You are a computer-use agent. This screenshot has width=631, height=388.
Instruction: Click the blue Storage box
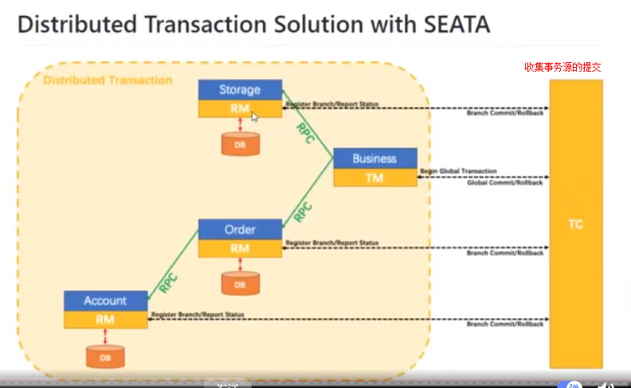[240, 89]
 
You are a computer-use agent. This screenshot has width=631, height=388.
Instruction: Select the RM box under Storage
[240, 108]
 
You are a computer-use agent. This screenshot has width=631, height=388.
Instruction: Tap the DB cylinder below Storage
[240, 144]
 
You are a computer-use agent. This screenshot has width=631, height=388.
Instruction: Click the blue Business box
[374, 158]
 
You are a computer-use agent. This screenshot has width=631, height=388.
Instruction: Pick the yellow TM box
[374, 178]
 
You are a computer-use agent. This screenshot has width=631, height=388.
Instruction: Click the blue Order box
[240, 229]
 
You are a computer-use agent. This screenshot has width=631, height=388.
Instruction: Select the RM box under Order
[240, 248]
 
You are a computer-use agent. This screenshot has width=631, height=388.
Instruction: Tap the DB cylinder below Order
[240, 283]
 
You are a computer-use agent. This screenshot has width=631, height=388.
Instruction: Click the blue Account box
[105, 300]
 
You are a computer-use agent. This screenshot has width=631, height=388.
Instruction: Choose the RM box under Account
[105, 319]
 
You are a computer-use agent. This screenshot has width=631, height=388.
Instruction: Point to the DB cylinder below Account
[105, 356]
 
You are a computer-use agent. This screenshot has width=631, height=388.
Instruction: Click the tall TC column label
[575, 225]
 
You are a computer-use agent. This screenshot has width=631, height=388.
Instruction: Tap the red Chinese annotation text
[562, 68]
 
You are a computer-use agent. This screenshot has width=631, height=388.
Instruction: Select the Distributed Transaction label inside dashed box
[108, 80]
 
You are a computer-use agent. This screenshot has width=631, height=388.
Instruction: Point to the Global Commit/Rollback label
[504, 183]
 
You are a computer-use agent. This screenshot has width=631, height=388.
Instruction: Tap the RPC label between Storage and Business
[305, 134]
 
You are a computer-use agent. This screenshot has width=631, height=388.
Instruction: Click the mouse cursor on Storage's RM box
[254, 116]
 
